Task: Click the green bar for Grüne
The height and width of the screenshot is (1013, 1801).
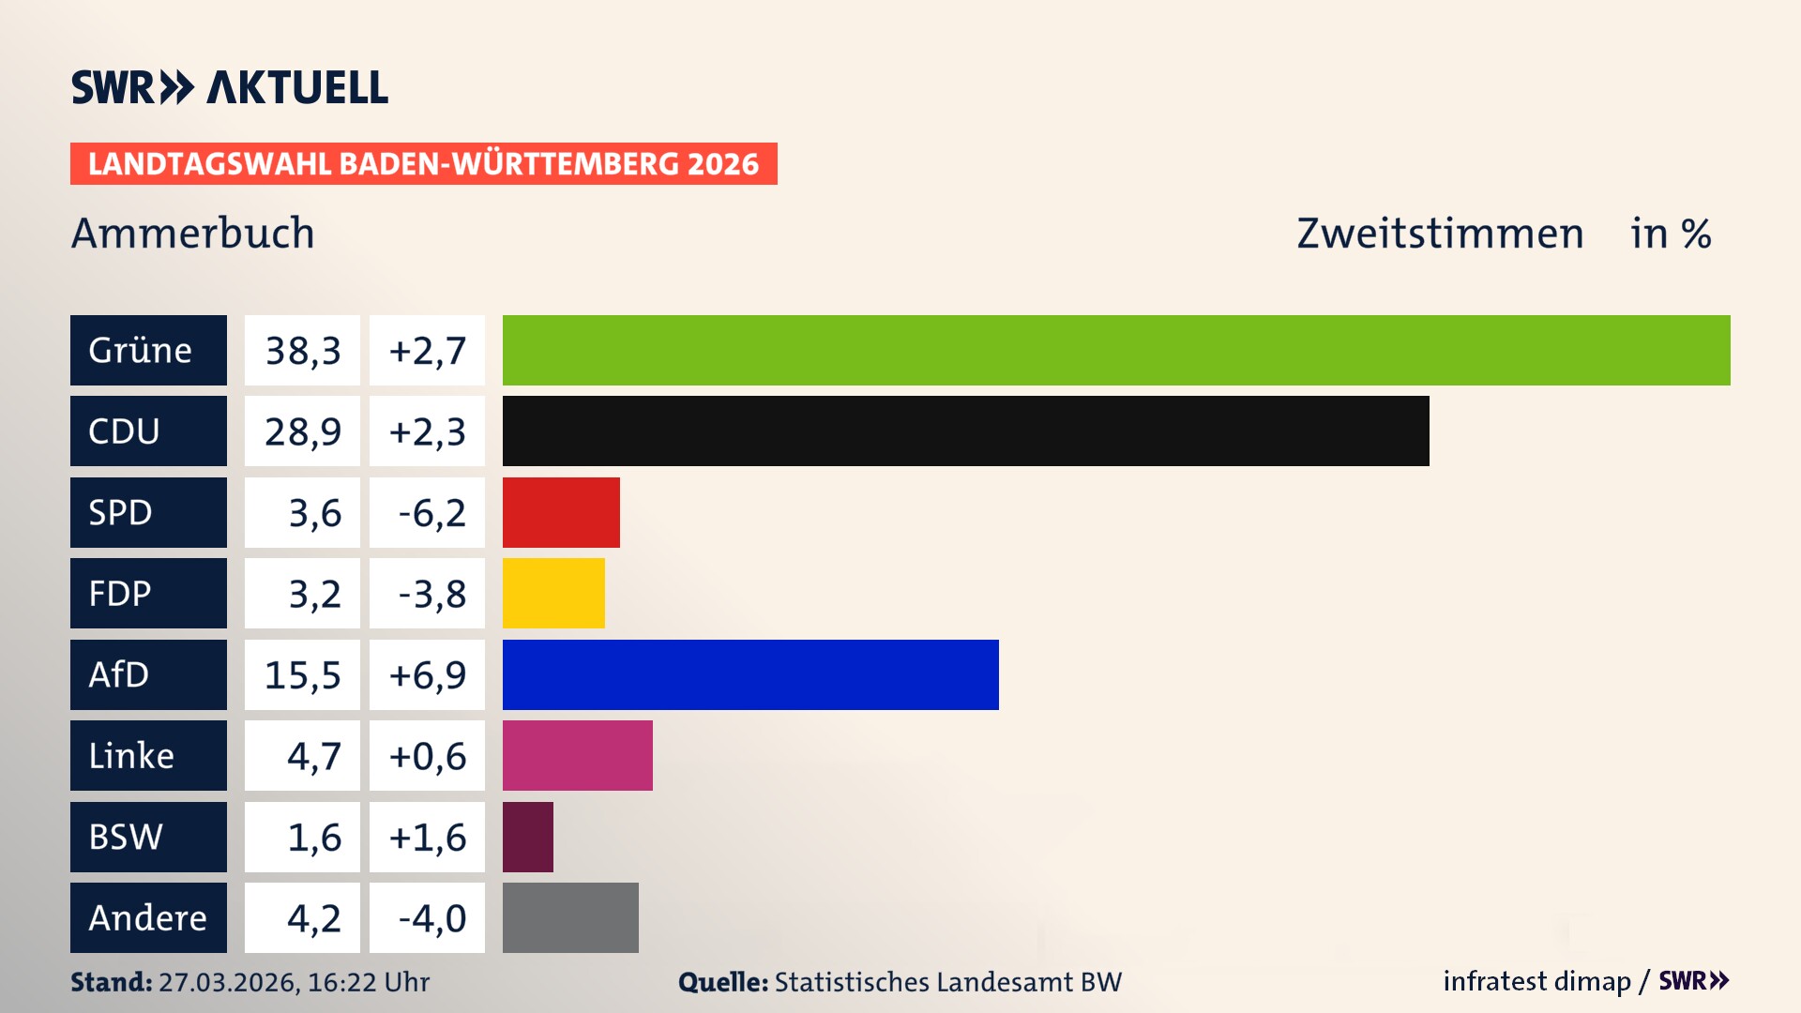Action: [1116, 350]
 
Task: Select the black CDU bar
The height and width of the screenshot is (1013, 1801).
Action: [965, 431]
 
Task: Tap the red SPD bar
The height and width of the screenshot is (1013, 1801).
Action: [561, 512]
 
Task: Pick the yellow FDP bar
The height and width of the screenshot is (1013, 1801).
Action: [553, 594]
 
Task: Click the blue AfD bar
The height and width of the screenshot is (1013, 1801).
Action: [750, 674]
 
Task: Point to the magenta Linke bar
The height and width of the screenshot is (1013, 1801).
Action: [577, 756]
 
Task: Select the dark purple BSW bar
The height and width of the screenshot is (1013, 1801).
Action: [527, 837]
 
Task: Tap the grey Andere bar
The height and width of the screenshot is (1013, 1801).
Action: [570, 917]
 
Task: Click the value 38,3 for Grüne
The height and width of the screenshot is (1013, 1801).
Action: [302, 351]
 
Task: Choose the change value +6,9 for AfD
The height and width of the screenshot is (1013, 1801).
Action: [427, 675]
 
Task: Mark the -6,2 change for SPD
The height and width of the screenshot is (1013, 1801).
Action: [431, 513]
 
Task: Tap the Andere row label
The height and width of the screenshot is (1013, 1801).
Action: [148, 917]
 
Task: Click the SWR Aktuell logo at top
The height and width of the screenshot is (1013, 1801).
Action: [229, 87]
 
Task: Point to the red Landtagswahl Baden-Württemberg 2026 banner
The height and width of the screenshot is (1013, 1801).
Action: [423, 163]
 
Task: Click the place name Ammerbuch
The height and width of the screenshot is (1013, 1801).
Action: [192, 233]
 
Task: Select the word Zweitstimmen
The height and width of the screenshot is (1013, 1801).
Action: [1440, 233]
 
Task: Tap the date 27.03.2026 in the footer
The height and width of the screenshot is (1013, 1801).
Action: [228, 982]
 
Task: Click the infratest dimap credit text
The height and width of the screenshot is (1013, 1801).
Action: [1536, 981]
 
